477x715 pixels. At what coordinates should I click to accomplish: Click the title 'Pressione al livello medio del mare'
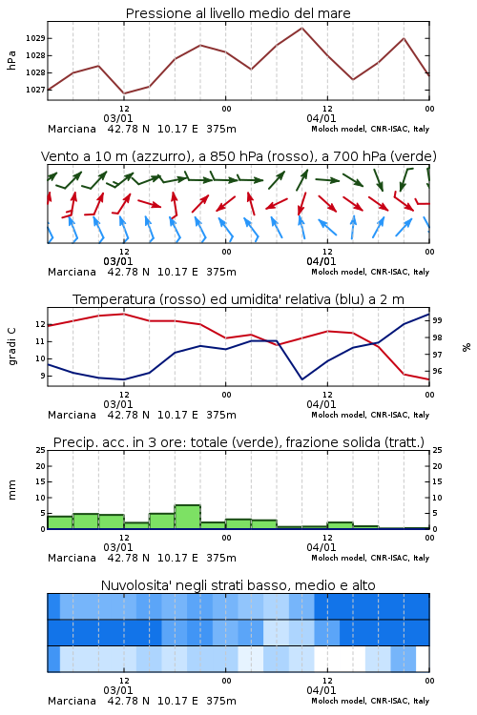(x=238, y=13)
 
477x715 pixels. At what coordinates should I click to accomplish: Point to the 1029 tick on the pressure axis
(x=35, y=38)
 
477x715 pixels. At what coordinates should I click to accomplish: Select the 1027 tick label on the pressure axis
(x=35, y=90)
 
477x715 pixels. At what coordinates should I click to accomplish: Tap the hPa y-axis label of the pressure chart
(x=11, y=60)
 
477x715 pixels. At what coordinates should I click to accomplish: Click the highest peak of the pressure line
(x=301, y=28)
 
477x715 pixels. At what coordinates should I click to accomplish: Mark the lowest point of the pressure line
(x=124, y=93)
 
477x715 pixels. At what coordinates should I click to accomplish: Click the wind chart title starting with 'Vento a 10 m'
(x=238, y=156)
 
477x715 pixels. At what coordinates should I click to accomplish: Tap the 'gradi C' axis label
(x=11, y=346)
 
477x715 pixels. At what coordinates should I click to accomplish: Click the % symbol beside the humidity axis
(x=467, y=347)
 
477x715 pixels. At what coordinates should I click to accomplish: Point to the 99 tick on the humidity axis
(x=437, y=320)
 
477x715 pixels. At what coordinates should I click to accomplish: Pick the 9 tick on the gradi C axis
(x=43, y=376)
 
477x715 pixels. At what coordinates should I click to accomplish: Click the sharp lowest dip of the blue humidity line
(x=301, y=378)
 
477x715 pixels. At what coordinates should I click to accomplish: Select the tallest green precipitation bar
(x=188, y=517)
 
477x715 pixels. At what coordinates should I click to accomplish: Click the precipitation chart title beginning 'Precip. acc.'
(x=238, y=442)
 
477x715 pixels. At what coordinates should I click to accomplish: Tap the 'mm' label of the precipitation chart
(x=11, y=490)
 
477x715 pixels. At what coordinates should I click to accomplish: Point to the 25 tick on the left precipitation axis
(x=41, y=450)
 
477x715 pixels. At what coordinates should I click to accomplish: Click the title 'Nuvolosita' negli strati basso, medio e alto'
(x=238, y=585)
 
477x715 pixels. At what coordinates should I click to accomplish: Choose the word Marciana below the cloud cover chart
(x=72, y=701)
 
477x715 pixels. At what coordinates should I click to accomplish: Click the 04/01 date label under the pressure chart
(x=321, y=118)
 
